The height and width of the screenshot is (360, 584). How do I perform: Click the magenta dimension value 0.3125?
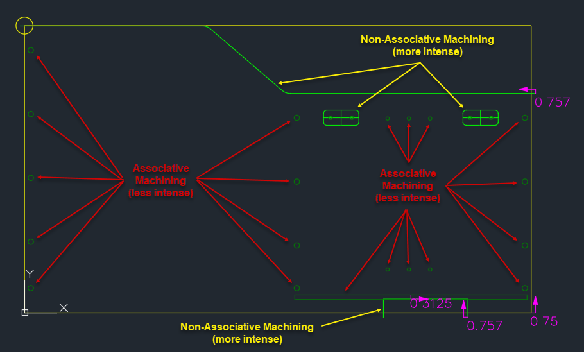(431, 304)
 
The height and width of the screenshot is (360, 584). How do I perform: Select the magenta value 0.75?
(544, 321)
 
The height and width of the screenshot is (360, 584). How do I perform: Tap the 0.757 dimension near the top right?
(552, 102)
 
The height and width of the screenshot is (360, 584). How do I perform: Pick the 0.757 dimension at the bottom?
(485, 325)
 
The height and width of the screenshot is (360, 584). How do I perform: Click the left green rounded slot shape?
(341, 118)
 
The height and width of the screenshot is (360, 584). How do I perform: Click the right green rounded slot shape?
(481, 118)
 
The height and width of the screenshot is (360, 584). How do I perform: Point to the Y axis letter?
(29, 274)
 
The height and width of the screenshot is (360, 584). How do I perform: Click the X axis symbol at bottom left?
(64, 308)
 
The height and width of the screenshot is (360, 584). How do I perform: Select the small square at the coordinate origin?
(24, 313)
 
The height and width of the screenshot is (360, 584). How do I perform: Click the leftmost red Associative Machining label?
(160, 180)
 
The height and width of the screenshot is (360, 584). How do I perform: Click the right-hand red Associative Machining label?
(408, 185)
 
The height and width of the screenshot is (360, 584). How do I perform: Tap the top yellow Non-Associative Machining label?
(427, 45)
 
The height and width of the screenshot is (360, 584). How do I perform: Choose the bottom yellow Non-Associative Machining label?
(247, 332)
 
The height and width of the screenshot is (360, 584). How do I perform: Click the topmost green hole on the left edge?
(31, 50)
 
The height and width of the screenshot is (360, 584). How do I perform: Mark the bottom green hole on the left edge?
(31, 288)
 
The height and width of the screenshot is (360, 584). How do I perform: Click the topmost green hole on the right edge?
(525, 118)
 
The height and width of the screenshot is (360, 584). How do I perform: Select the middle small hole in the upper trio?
(409, 118)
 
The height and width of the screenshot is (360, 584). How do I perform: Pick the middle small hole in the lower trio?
(409, 270)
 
